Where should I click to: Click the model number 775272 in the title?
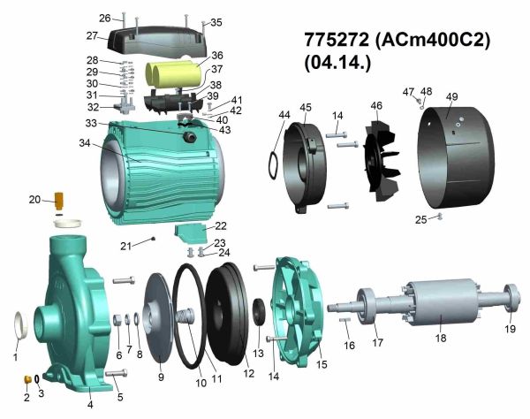click(337, 40)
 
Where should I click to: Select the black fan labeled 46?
click(382, 161)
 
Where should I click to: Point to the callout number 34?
click(85, 143)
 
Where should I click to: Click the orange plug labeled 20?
click(59, 200)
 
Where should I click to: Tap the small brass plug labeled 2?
click(27, 379)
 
